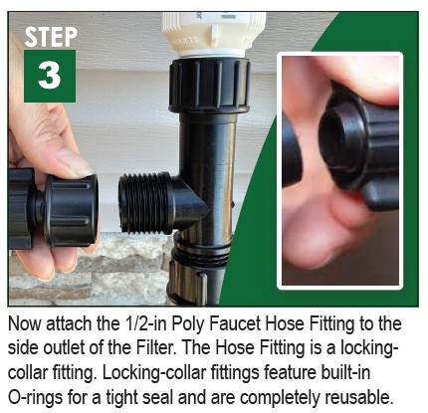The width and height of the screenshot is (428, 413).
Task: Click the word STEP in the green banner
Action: pyautogui.click(x=50, y=36)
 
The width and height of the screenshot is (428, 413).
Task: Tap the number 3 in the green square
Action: pyautogui.click(x=49, y=76)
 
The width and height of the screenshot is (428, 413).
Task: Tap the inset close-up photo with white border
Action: pyautogui.click(x=338, y=169)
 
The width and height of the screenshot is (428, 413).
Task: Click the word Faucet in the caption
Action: pyautogui.click(x=236, y=325)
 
